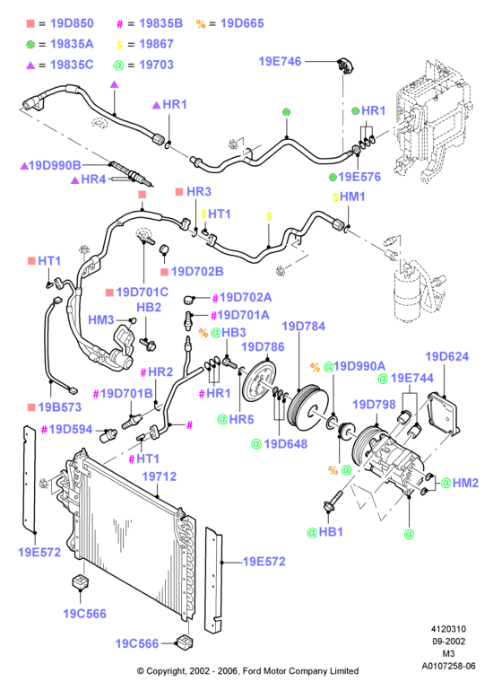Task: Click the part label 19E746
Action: point(280,61)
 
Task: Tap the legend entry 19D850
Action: point(72,23)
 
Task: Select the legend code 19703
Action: point(156,65)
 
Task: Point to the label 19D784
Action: point(304,326)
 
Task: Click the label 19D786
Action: point(263,346)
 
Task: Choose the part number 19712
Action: point(160,476)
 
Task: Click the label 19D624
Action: point(446,356)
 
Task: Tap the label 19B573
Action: point(60,407)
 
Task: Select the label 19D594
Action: point(71,429)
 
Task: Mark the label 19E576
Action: point(359,177)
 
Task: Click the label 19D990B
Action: point(55,165)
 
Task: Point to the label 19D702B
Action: point(197,271)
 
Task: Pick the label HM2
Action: point(465,483)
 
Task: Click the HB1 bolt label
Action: point(331,531)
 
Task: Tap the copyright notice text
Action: point(247,671)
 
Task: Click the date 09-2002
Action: point(448,642)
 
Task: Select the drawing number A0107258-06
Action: point(448,666)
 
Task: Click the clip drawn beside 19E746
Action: point(347,66)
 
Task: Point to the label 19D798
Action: point(374,404)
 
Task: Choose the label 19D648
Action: point(285,443)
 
